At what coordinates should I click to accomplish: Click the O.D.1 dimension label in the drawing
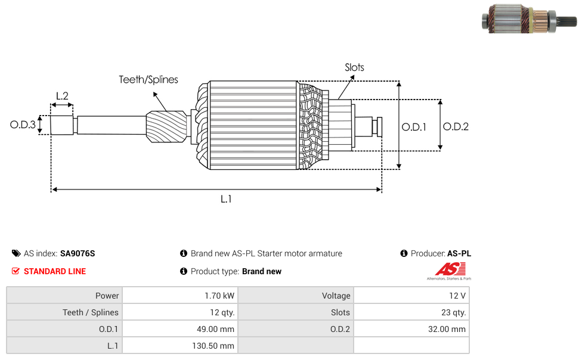414,126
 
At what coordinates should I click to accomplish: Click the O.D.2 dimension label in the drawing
456,126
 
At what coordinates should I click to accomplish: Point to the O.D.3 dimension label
23,125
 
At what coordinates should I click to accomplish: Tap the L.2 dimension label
62,96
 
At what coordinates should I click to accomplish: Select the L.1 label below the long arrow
225,199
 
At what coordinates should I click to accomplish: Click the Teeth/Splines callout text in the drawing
148,79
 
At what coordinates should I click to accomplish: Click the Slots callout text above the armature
354,67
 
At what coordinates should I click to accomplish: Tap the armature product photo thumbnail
528,18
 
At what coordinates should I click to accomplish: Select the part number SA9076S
78,253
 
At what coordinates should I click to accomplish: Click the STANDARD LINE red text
55,271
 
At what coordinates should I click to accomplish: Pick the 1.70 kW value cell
219,296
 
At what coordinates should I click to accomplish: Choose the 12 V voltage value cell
457,296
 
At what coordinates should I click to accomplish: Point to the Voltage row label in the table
336,296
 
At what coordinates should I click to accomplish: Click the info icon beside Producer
404,253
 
